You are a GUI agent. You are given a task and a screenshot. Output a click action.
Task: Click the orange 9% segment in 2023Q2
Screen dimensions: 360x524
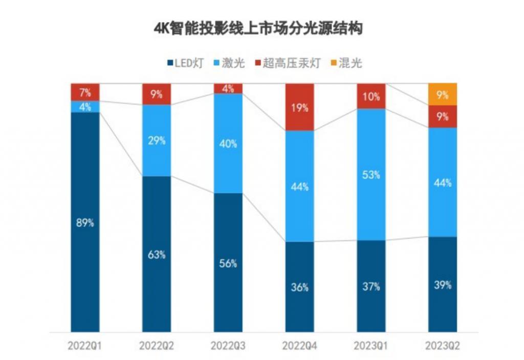[443, 94]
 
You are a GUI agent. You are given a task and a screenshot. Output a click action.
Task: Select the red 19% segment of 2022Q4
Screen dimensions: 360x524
[299, 107]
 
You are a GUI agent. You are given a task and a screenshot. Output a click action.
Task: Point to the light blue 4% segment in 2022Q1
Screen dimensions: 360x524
[85, 107]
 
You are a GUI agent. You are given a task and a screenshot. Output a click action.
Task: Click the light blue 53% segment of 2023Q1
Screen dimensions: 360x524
[371, 174]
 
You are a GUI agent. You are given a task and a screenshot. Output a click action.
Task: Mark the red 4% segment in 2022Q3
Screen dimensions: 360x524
[228, 88]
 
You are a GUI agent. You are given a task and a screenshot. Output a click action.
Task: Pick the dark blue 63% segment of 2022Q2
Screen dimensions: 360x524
[157, 254]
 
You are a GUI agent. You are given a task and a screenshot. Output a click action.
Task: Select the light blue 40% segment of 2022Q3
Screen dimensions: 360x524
[228, 144]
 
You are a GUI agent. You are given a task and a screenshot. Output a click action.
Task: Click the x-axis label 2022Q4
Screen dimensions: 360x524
[299, 346]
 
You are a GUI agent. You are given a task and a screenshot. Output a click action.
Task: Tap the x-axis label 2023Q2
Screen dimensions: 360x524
[443, 346]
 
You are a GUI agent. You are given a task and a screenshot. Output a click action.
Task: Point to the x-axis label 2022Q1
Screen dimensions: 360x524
[85, 346]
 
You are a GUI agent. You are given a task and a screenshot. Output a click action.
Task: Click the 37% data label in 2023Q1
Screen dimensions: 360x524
[371, 286]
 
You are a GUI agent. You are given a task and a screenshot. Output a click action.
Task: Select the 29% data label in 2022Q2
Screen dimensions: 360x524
[157, 141]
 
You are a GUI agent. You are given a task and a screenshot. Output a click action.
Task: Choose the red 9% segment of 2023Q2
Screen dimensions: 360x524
[443, 117]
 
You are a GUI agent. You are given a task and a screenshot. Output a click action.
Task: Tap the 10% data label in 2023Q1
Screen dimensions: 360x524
[371, 96]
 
